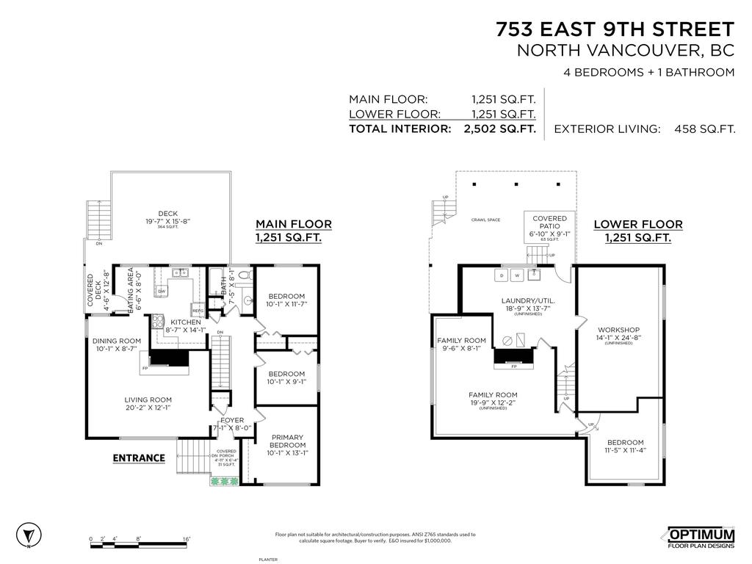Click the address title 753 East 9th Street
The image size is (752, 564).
[615, 29]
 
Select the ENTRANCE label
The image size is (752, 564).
[139, 458]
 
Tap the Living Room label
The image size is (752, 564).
[148, 399]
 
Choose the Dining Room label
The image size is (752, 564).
[116, 341]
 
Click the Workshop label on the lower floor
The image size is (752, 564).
[618, 330]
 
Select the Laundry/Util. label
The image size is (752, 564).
[527, 300]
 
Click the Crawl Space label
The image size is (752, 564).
[485, 220]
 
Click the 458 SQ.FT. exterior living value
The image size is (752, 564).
[704, 129]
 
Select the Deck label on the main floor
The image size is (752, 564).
[168, 214]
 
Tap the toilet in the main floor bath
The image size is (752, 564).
[246, 277]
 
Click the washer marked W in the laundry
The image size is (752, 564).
[517, 275]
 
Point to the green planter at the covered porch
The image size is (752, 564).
[223, 482]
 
